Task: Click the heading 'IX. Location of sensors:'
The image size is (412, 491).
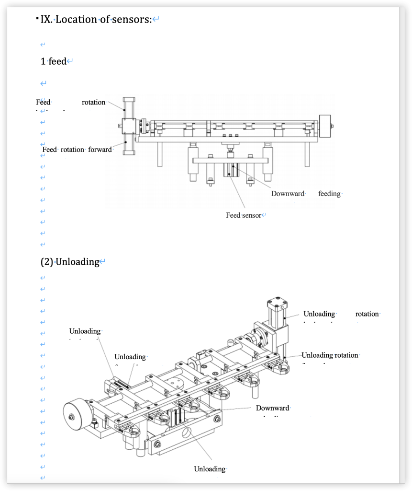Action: tap(103, 20)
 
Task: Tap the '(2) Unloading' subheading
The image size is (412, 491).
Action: tap(72, 262)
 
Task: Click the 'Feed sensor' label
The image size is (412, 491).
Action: tap(244, 215)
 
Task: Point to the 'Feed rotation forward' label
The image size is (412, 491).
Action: tap(77, 150)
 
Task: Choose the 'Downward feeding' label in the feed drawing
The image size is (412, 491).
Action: tap(306, 194)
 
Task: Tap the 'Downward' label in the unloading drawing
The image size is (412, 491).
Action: tap(272, 408)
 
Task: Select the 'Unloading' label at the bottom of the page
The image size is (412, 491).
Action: tap(209, 469)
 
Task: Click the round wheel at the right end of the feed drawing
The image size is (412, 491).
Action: tap(326, 127)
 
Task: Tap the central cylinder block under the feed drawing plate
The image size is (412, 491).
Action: tap(232, 170)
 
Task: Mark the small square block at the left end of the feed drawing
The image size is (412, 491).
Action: tap(128, 126)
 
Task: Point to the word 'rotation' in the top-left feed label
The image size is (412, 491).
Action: tap(93, 102)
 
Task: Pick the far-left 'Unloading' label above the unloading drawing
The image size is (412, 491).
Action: tap(85, 331)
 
